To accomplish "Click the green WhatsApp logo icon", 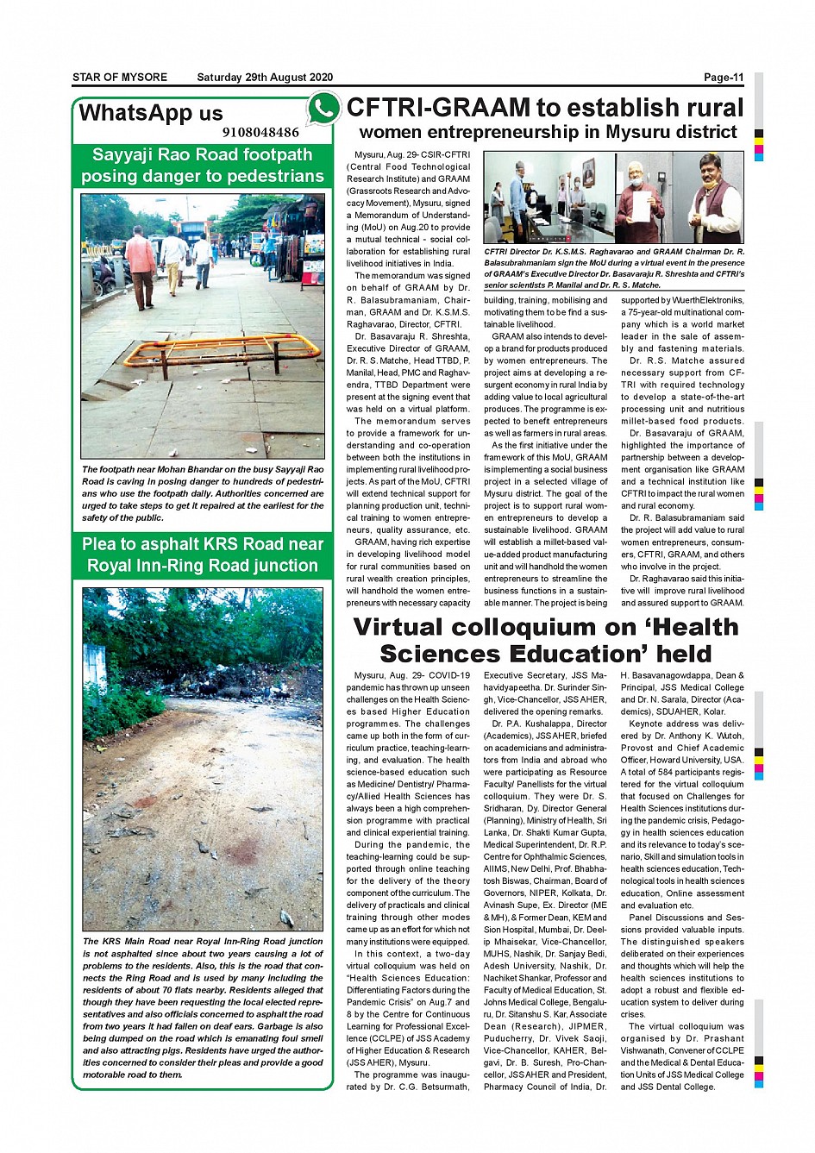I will [x=323, y=110].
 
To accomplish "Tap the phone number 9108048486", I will [x=260, y=133].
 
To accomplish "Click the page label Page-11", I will [x=723, y=78].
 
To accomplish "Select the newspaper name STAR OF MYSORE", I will [x=120, y=78].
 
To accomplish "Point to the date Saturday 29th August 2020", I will [x=265, y=78].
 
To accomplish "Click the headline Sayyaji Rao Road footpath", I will [x=202, y=155].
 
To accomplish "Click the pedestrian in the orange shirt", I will [x=141, y=264].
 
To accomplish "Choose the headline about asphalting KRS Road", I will [x=203, y=555].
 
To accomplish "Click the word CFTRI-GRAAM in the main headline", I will [x=438, y=108].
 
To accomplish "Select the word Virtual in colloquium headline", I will [x=411, y=627].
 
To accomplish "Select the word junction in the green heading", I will [x=285, y=566].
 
